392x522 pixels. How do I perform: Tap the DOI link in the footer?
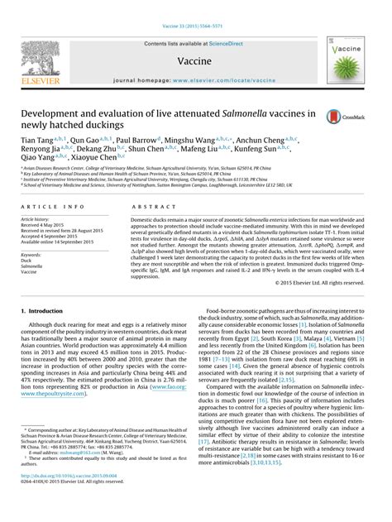(x=65, y=500)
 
